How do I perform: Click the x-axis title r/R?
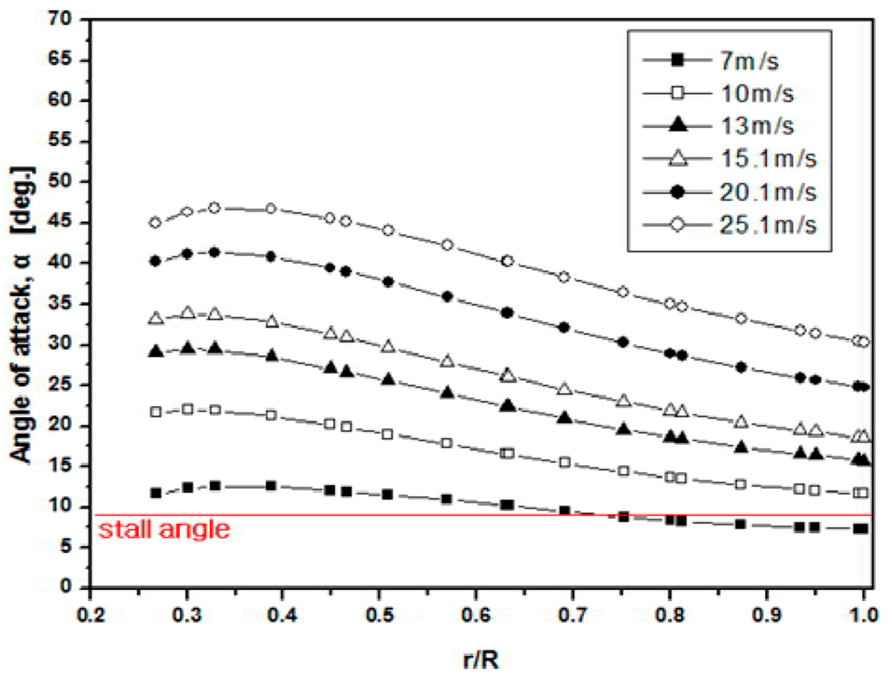coord(480,661)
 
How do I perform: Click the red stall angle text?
coord(164,529)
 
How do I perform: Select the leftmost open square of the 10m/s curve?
coord(155,412)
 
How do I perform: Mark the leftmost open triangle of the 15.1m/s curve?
coord(156,319)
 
